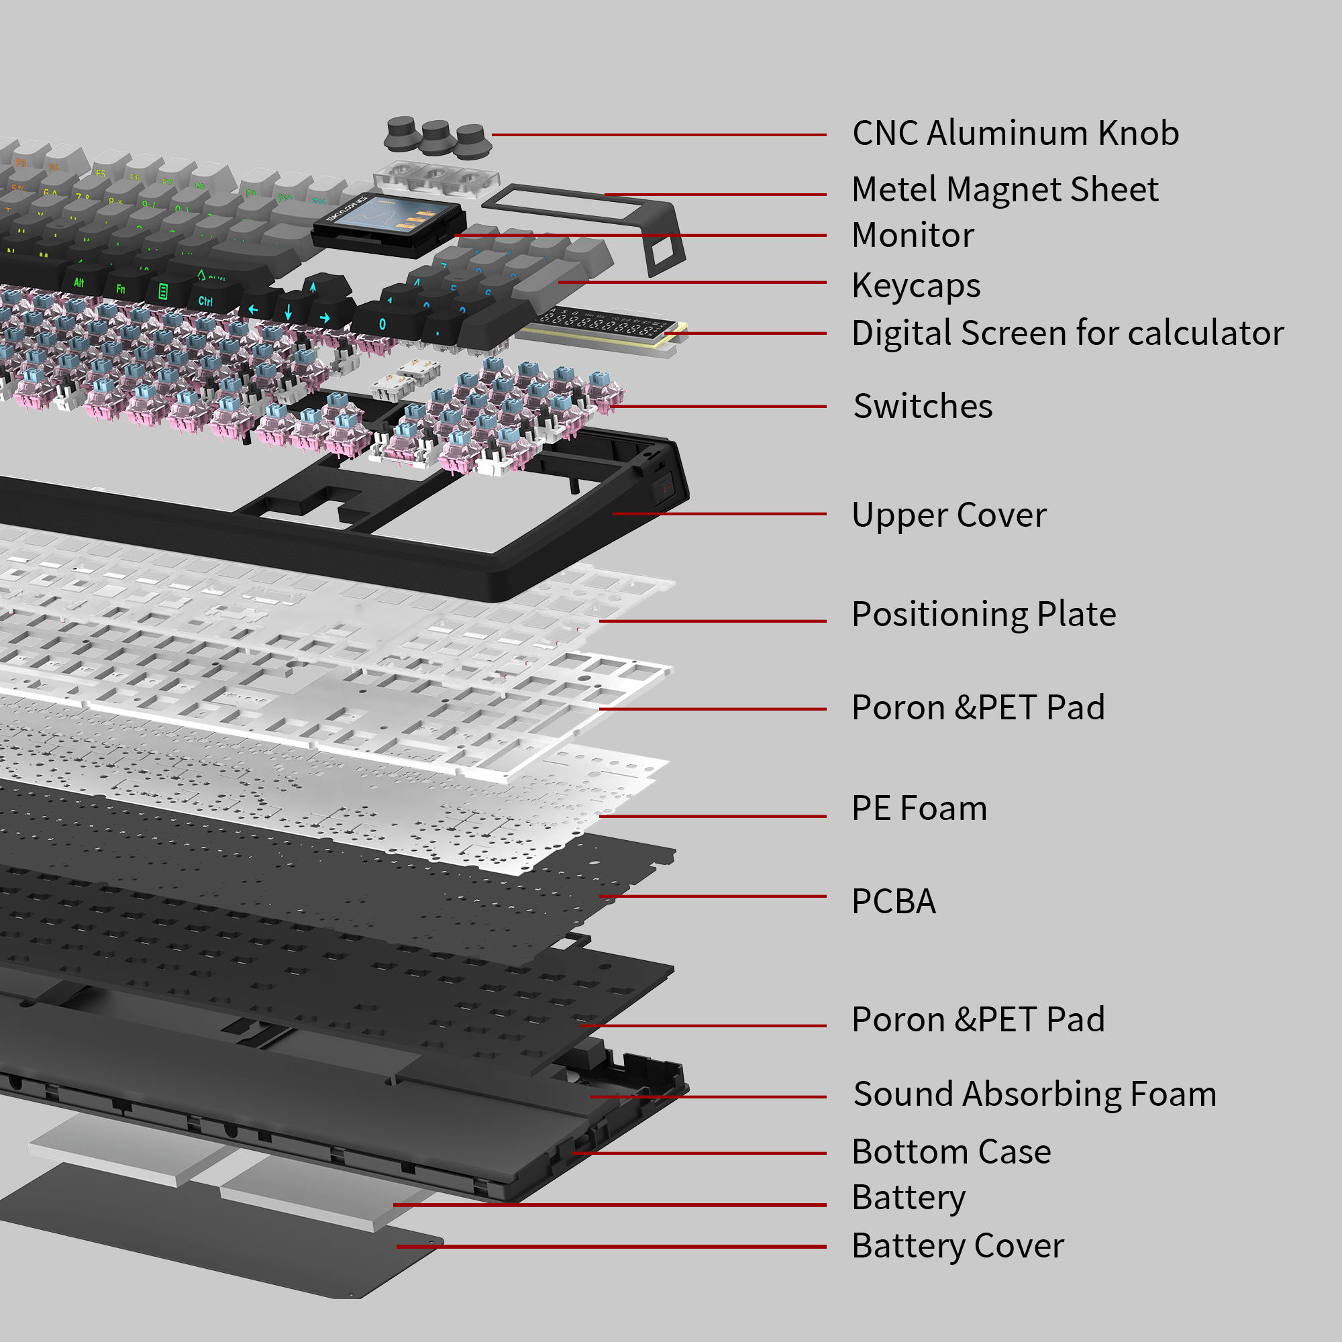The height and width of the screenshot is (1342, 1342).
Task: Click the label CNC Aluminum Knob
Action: (1015, 134)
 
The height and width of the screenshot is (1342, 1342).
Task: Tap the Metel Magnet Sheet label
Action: (1004, 190)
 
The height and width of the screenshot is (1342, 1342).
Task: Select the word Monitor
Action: (913, 236)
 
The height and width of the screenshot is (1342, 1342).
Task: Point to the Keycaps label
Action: (915, 285)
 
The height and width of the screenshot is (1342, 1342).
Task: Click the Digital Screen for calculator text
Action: (1067, 333)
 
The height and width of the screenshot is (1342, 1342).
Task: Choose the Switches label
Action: (923, 407)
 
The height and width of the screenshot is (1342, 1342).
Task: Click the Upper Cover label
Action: (948, 515)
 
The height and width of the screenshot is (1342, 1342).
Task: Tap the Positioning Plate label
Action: (983, 615)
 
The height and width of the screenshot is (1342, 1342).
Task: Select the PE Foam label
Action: (919, 809)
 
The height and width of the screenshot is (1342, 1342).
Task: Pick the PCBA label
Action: (893, 902)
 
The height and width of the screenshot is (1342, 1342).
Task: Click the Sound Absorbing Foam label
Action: (1034, 1094)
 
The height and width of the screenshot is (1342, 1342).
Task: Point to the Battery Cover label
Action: (958, 1246)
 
